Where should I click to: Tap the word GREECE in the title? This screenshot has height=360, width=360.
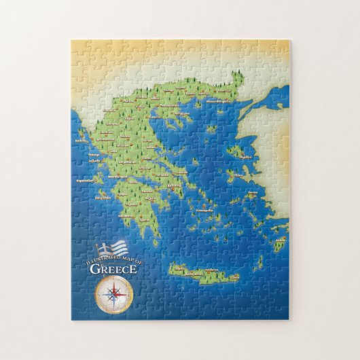click(x=113, y=268)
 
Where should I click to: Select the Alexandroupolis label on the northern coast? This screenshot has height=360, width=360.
click(x=219, y=101)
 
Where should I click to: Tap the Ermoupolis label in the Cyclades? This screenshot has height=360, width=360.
click(x=205, y=210)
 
